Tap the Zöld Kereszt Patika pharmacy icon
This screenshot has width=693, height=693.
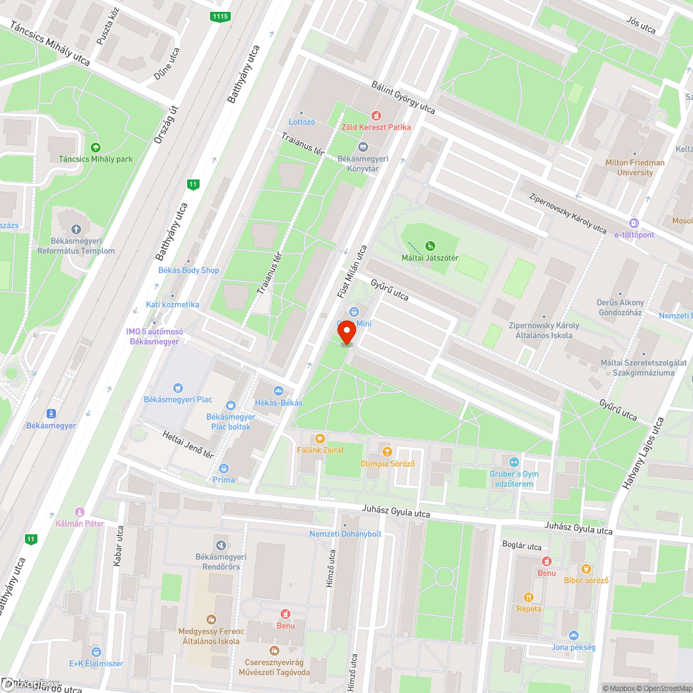click(376, 116)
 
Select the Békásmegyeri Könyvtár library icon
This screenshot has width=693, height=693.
click(362, 146)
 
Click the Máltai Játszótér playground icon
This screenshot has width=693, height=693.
click(430, 245)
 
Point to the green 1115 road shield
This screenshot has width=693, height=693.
click(220, 16)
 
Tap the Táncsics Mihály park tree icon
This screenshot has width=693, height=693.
click(96, 147)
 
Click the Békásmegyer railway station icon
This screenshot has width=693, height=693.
click(51, 413)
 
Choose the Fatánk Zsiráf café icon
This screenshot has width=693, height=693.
click(319, 438)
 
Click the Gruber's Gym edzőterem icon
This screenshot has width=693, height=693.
click(514, 462)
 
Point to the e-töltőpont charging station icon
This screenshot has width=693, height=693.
click(633, 223)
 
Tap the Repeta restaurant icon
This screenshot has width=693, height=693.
click(529, 597)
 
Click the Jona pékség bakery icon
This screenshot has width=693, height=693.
click(573, 635)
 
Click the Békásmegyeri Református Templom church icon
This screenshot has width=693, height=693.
click(76, 229)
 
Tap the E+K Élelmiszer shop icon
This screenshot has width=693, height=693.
click(96, 651)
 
